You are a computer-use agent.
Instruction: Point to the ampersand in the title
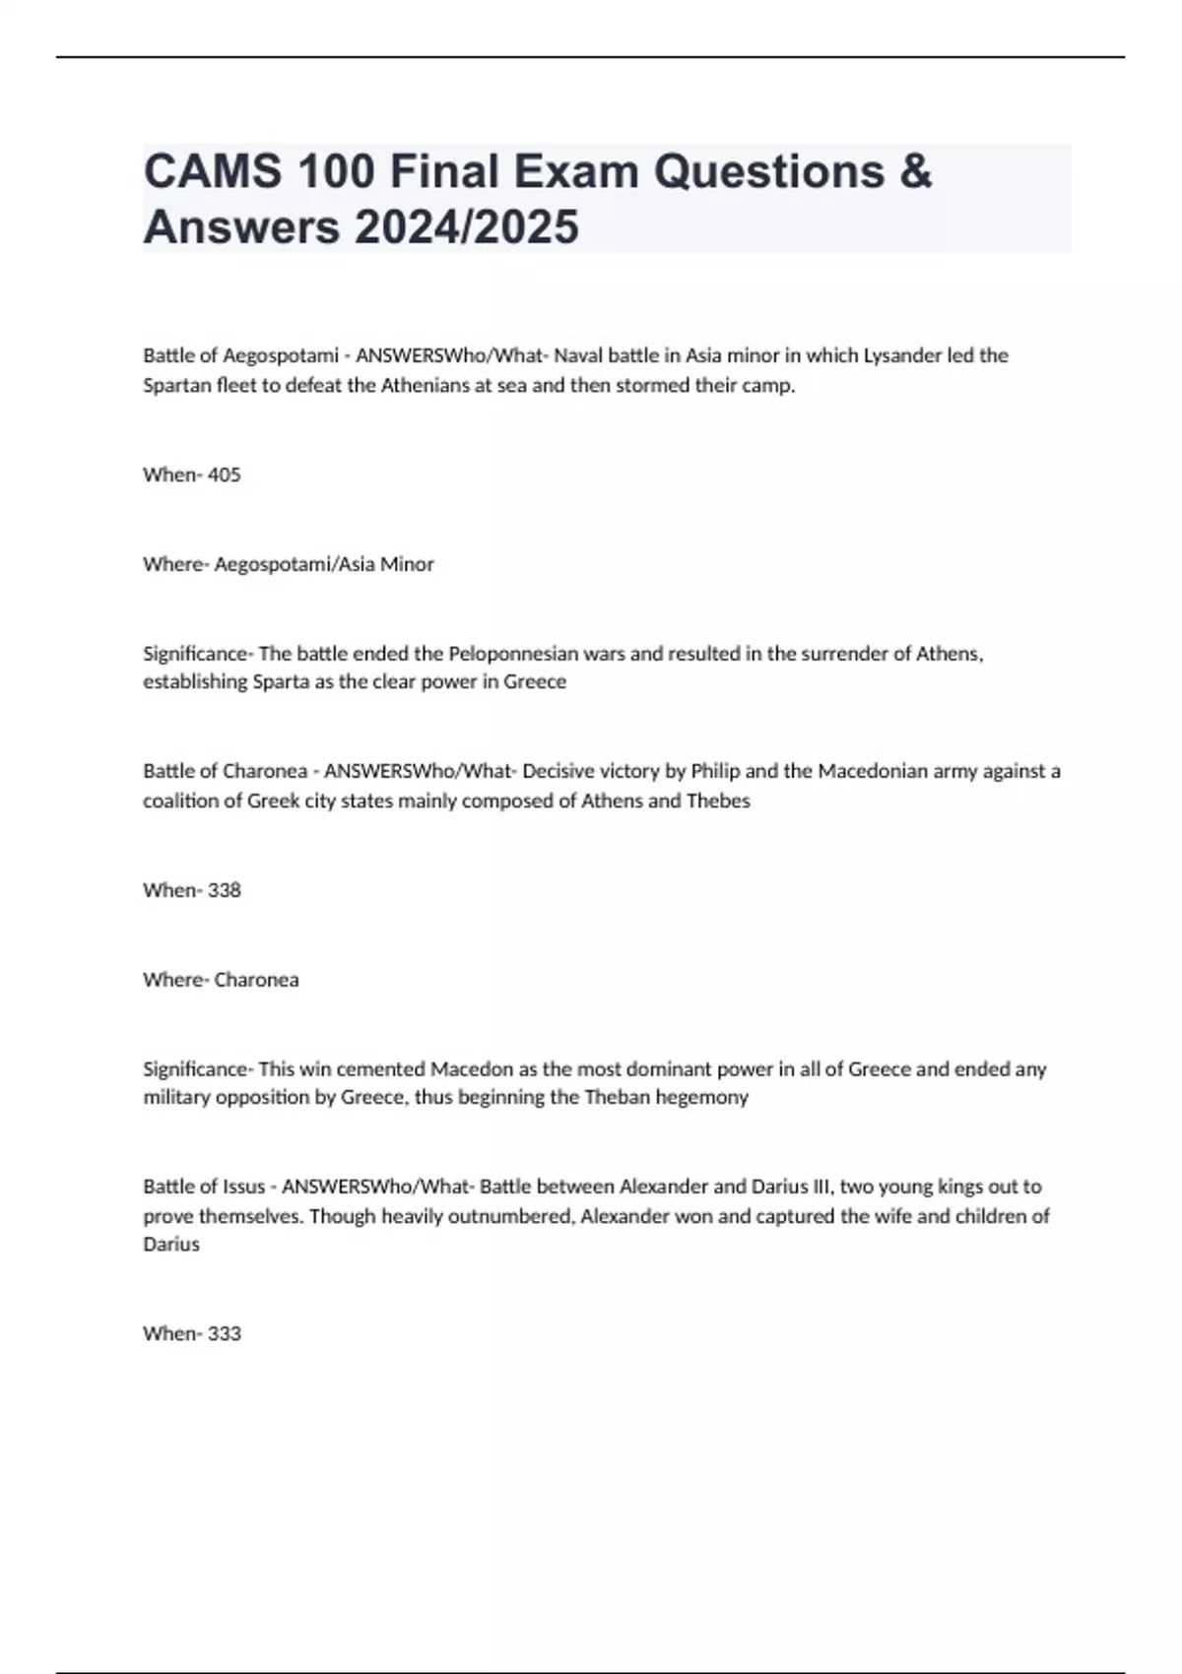(x=915, y=171)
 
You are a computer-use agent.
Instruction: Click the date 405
(x=225, y=475)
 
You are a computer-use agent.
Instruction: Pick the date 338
(x=225, y=890)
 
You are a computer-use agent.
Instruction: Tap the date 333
(x=225, y=1333)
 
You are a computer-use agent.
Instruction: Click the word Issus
(x=242, y=1187)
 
